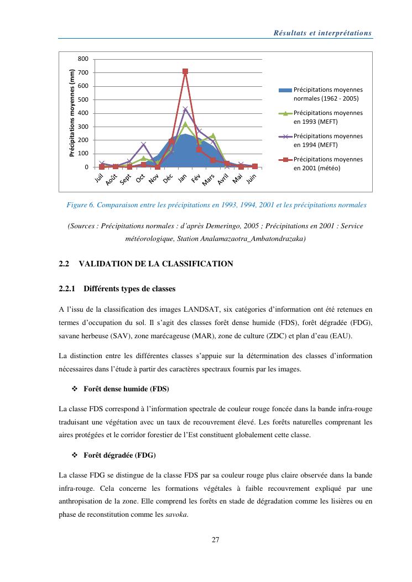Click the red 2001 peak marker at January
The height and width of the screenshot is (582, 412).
coord(185,72)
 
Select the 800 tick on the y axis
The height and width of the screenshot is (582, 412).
coord(83,59)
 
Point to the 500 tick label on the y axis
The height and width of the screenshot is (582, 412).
coord(83,100)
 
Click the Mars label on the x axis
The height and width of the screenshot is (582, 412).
coord(208,180)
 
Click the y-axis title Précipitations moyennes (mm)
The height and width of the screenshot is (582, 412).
coord(72,113)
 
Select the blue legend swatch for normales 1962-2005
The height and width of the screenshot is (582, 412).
coord(285,90)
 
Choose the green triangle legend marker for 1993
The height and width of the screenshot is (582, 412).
coord(285,113)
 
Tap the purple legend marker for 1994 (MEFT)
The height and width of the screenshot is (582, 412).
coord(285,136)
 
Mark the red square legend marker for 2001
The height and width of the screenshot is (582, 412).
coord(285,159)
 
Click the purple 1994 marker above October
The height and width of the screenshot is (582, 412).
coord(143,145)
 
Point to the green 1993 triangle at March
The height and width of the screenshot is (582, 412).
coord(213,135)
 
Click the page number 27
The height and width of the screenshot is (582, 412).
coord(216,540)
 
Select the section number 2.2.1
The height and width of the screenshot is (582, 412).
coord(68,289)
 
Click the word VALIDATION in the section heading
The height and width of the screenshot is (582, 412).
coord(106,264)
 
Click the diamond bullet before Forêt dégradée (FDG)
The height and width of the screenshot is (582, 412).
coord(75,455)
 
